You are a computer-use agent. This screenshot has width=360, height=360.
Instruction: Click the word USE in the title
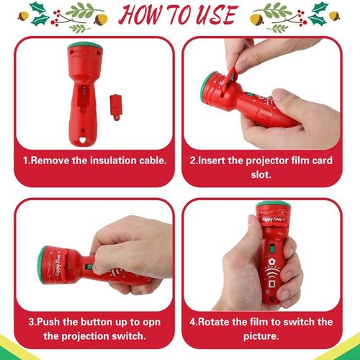216,15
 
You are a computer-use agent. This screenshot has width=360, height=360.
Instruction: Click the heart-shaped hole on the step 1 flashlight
83,140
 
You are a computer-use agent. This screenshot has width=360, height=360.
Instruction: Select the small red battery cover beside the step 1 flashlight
116,107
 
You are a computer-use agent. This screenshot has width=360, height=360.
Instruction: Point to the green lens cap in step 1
85,45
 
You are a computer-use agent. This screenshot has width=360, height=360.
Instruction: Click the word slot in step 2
261,174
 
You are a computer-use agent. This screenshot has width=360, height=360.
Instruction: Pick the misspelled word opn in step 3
151,323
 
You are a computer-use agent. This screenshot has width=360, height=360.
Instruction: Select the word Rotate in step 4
215,322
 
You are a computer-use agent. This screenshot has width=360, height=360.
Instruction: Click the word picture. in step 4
261,336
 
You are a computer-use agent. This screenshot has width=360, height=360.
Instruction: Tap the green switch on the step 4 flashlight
272,248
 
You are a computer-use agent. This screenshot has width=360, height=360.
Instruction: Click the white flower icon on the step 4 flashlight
272,261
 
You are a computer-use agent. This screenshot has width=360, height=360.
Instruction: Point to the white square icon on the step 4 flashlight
271,284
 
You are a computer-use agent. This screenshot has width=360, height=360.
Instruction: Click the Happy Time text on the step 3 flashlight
59,265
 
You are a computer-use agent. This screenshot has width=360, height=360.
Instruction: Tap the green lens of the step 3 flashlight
41,265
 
